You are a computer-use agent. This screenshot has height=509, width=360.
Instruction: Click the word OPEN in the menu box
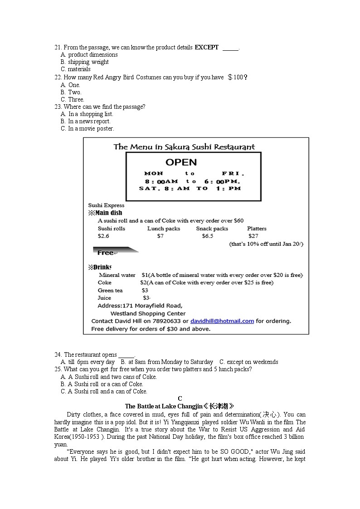pos(181,162)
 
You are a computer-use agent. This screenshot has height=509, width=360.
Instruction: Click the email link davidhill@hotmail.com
pos(222,321)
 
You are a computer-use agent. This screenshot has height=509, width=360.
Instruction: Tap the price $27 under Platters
pos(253,236)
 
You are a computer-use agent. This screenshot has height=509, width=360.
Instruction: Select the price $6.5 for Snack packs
pos(207,236)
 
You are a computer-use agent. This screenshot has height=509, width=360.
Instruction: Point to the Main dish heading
pos(105,213)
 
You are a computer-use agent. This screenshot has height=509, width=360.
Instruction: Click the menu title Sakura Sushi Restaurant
pos(184,147)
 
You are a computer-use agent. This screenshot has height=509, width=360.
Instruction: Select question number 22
pos(58,78)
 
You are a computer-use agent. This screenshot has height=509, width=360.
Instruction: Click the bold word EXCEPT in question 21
pos(207,47)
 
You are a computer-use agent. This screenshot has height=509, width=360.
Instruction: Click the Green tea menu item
pos(110,291)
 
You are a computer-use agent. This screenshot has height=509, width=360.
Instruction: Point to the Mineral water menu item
pos(117,275)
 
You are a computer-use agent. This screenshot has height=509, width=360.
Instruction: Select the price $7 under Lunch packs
pos(160,236)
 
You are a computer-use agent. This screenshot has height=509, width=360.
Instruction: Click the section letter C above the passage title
pos(180,398)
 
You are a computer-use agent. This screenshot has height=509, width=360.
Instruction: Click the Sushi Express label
pos(106,205)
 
